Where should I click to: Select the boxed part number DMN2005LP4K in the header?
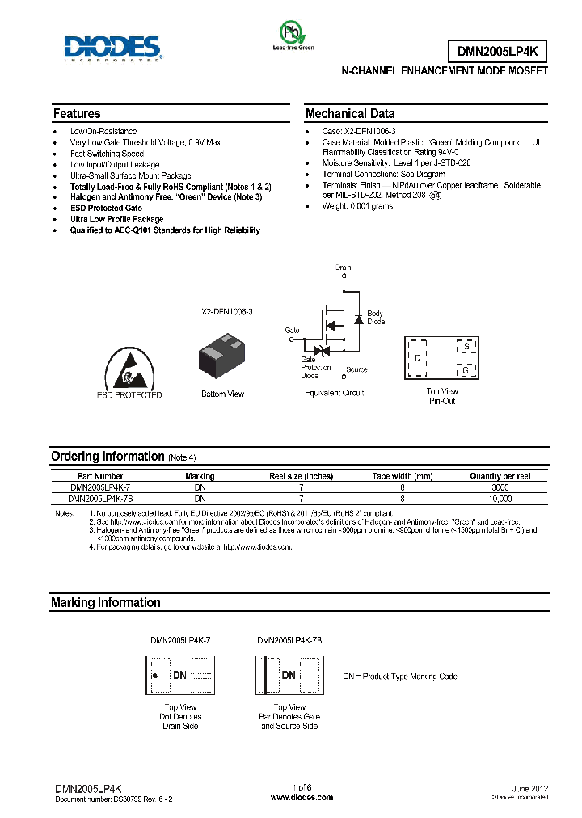497,52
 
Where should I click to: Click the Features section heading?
77,114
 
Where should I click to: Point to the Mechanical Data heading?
350,114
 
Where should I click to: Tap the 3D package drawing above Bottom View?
222,355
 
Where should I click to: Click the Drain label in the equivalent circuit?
344,267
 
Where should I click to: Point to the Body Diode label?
376,317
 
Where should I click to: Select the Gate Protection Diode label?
315,368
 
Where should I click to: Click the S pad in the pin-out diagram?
466,347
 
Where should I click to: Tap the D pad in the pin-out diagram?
417,356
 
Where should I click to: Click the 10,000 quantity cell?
500,500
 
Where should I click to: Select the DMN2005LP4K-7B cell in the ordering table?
99,500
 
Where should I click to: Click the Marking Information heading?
106,603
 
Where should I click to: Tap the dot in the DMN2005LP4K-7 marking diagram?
155,674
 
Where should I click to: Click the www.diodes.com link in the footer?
302,797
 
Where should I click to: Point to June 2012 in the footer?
529,787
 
